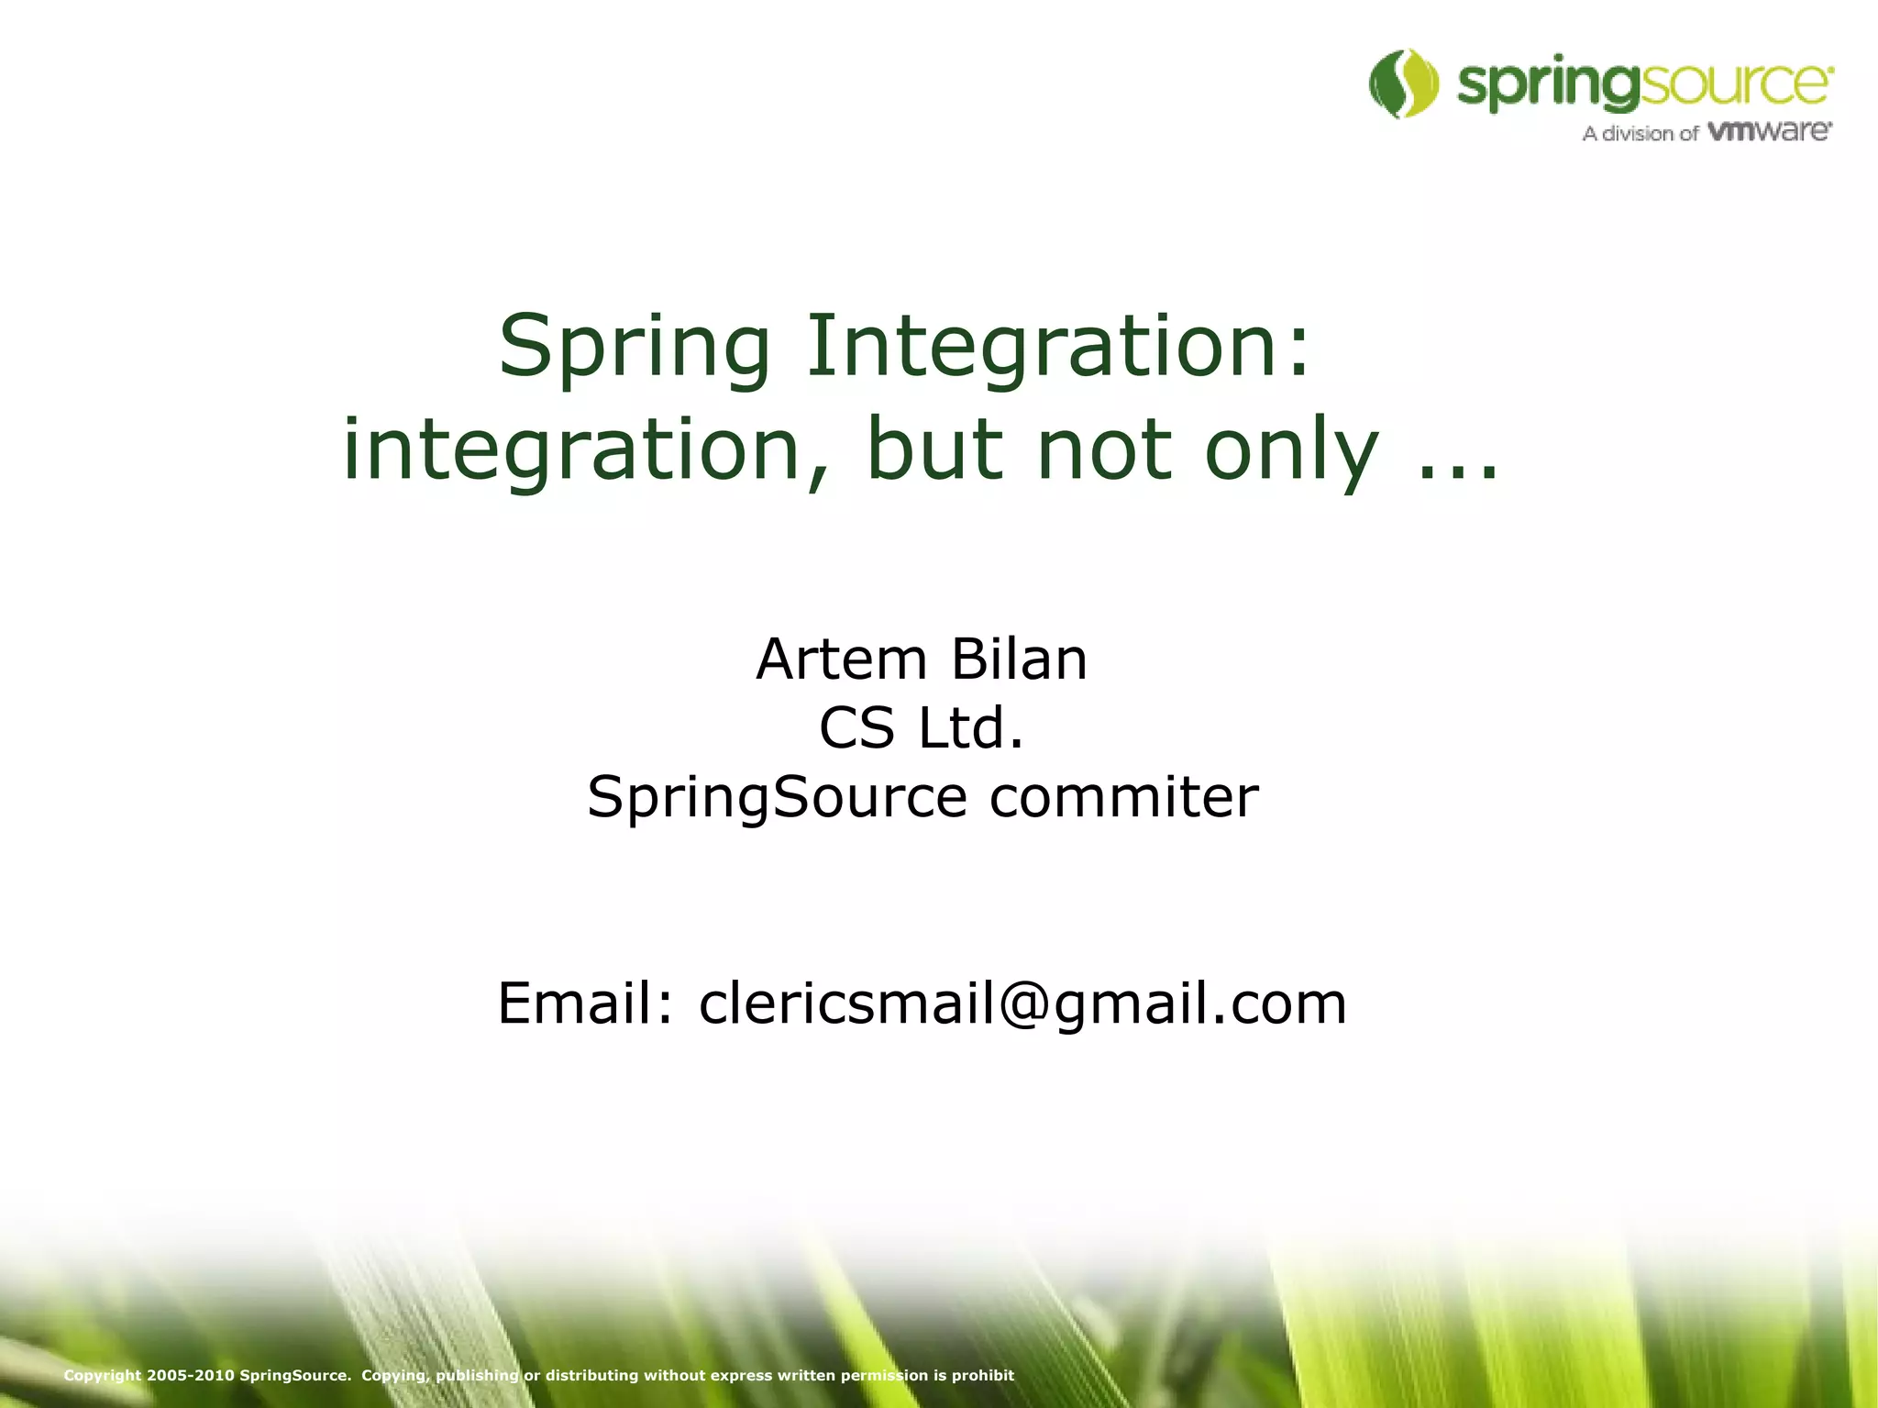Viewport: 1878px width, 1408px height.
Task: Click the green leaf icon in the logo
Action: (1403, 83)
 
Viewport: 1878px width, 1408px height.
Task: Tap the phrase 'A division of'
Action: (1640, 134)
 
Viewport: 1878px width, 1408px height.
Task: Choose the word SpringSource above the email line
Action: (777, 797)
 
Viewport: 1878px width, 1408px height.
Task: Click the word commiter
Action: (1123, 796)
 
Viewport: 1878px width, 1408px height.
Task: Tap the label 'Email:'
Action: (586, 1003)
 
